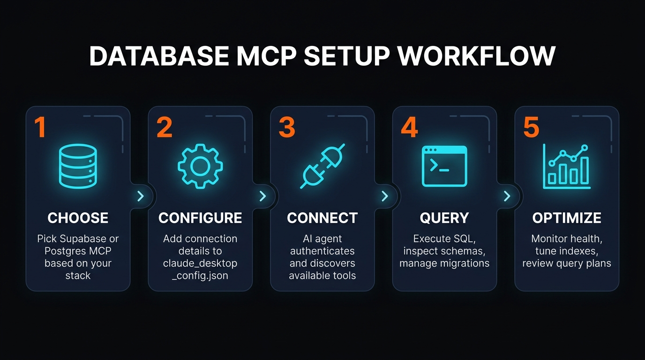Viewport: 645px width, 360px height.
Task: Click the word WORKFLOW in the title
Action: tap(476, 56)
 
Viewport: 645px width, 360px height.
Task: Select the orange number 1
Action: tap(40, 127)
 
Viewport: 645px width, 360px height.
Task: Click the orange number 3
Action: tap(287, 127)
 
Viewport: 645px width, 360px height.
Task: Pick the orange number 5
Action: tap(531, 127)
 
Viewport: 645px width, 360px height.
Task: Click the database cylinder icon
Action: tap(78, 166)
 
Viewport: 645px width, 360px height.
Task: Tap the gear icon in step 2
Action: tap(200, 166)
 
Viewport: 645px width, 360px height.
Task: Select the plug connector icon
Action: tap(322, 166)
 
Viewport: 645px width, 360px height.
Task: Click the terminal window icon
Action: tap(444, 166)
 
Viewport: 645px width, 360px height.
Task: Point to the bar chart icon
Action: tap(566, 166)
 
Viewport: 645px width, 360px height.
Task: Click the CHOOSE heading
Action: tap(78, 218)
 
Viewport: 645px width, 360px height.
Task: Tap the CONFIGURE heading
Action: tap(200, 218)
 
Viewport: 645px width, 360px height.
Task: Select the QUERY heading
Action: tap(444, 218)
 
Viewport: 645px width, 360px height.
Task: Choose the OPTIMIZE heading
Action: tap(567, 218)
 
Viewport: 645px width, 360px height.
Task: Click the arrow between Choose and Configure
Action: tap(140, 196)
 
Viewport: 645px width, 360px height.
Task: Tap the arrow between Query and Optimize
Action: tap(507, 196)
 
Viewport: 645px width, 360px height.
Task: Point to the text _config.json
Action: tap(200, 276)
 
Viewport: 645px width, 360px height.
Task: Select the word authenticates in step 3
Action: tap(322, 251)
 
